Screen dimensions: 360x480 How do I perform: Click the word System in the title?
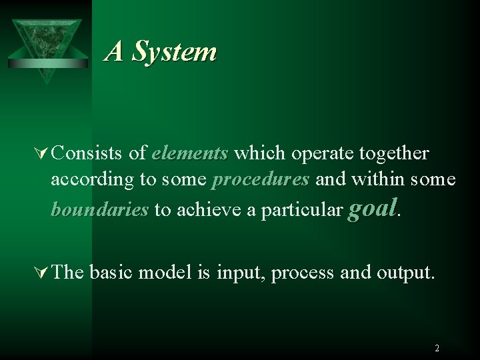(173, 51)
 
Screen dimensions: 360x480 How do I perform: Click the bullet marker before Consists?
(42, 154)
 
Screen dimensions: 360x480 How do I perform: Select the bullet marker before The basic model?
(42, 273)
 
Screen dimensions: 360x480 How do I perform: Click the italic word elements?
(189, 154)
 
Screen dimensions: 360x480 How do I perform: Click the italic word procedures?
(260, 181)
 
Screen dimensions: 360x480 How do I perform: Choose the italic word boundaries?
(99, 210)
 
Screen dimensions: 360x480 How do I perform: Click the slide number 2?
(437, 348)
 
